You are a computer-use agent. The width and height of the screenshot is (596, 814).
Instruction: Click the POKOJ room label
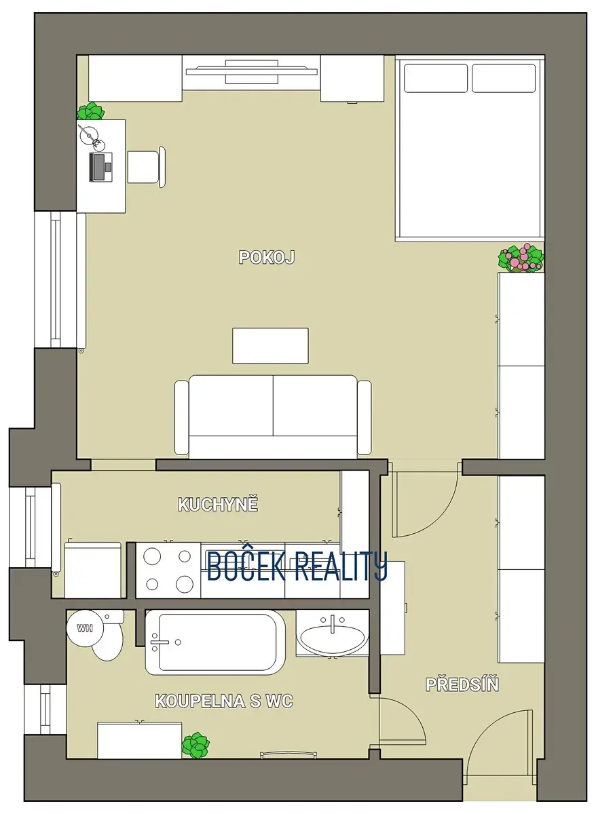pyautogui.click(x=267, y=257)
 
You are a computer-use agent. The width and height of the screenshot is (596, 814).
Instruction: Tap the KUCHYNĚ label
pyautogui.click(x=218, y=505)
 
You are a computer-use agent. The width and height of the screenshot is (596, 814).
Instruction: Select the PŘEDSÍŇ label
pyautogui.click(x=462, y=684)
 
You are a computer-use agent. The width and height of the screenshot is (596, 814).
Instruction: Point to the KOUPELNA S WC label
pyautogui.click(x=224, y=701)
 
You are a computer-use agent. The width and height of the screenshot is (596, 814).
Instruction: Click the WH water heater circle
pyautogui.click(x=85, y=627)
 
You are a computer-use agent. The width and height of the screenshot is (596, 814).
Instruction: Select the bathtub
pyautogui.click(x=215, y=642)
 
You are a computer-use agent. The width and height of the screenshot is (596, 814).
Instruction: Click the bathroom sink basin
pyautogui.click(x=333, y=640)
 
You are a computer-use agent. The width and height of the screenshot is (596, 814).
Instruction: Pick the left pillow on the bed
pyautogui.click(x=436, y=78)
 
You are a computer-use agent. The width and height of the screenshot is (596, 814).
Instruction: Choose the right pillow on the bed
pyautogui.click(x=504, y=78)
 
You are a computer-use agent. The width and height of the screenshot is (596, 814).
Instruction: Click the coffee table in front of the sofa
pyautogui.click(x=270, y=345)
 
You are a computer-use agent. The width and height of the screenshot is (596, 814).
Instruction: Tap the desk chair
pyautogui.click(x=146, y=167)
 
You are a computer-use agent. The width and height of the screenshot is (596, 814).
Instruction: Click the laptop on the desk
pyautogui.click(x=100, y=167)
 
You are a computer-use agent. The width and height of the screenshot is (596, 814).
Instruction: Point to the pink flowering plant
pyautogui.click(x=521, y=258)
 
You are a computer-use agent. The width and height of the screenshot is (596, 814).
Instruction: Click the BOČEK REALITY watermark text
pyautogui.click(x=297, y=566)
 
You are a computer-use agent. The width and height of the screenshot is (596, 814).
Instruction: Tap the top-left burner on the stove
pyautogui.click(x=152, y=556)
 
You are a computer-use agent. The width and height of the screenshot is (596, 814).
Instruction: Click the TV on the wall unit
pyautogui.click(x=252, y=72)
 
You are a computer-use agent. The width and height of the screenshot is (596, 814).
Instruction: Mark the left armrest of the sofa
pyautogui.click(x=181, y=418)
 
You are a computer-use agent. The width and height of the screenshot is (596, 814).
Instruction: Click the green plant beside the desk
pyautogui.click(x=90, y=111)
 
